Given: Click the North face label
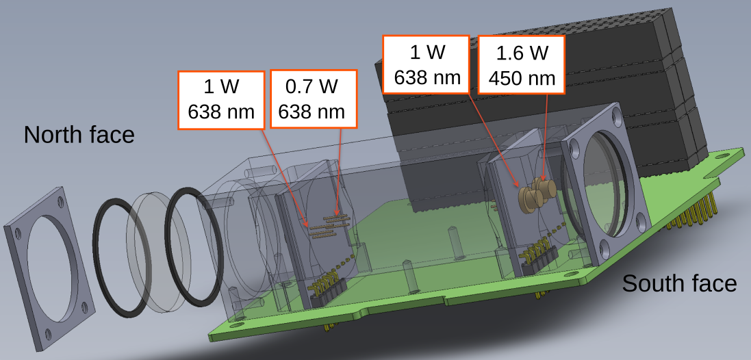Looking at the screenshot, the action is point(79,135).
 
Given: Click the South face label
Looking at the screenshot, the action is point(680,283).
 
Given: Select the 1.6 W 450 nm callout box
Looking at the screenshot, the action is point(522,64).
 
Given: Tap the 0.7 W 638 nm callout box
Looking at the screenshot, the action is point(314,99).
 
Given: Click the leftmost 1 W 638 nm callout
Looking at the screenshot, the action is point(221,99).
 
